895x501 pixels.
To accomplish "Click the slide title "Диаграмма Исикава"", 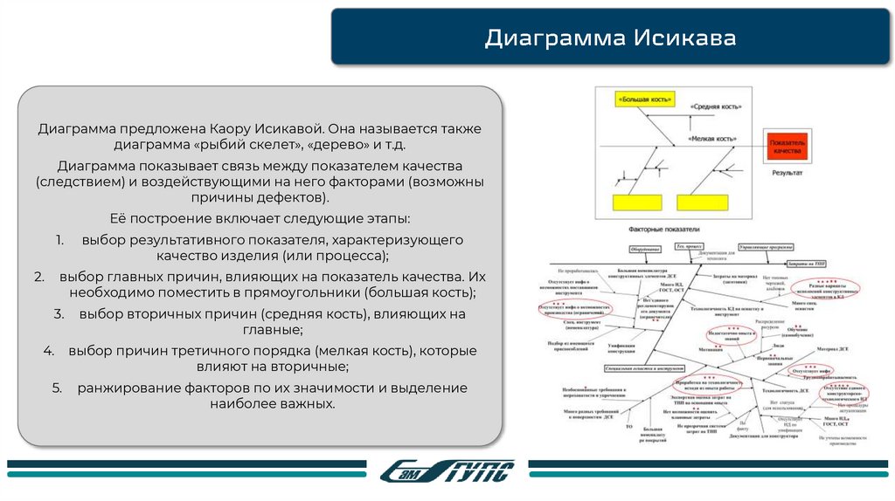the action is (x=611, y=38).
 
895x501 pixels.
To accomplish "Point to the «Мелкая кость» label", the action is (x=711, y=138).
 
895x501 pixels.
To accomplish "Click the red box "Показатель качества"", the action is (x=787, y=146).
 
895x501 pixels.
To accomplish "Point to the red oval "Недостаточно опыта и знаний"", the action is (x=718, y=333).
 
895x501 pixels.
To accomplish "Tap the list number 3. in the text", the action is (x=59, y=313).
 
